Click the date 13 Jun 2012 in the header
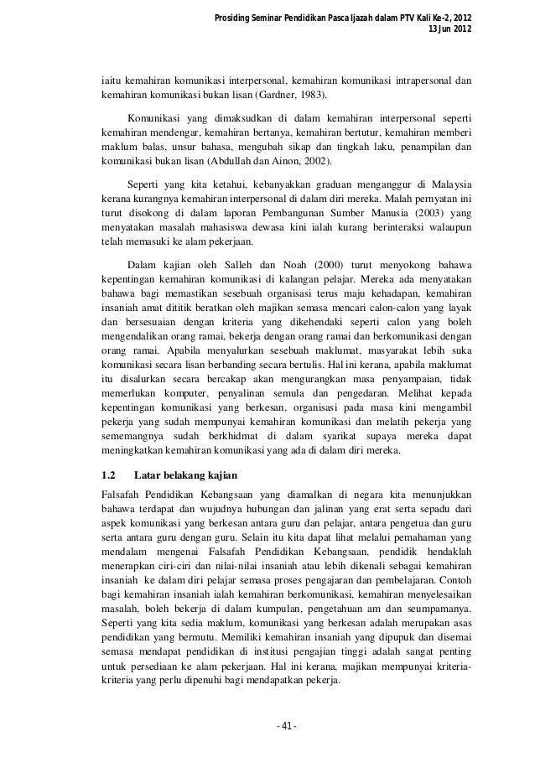click(449, 31)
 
